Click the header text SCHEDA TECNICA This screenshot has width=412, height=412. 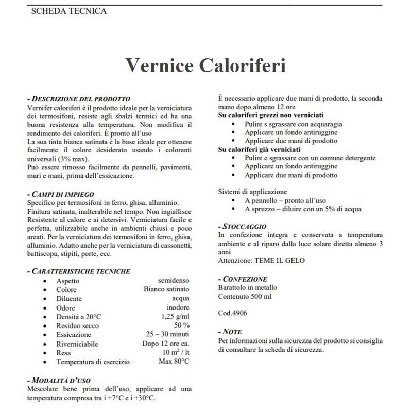click(69, 11)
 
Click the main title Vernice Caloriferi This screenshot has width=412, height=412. click(205, 65)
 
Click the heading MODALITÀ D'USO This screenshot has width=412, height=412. click(60, 380)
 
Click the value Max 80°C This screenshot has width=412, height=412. click(174, 362)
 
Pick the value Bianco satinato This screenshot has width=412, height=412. click(166, 289)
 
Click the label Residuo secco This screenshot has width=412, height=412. click(78, 326)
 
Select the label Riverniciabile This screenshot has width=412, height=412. click(77, 344)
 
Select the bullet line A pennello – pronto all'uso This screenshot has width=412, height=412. click(285, 200)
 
